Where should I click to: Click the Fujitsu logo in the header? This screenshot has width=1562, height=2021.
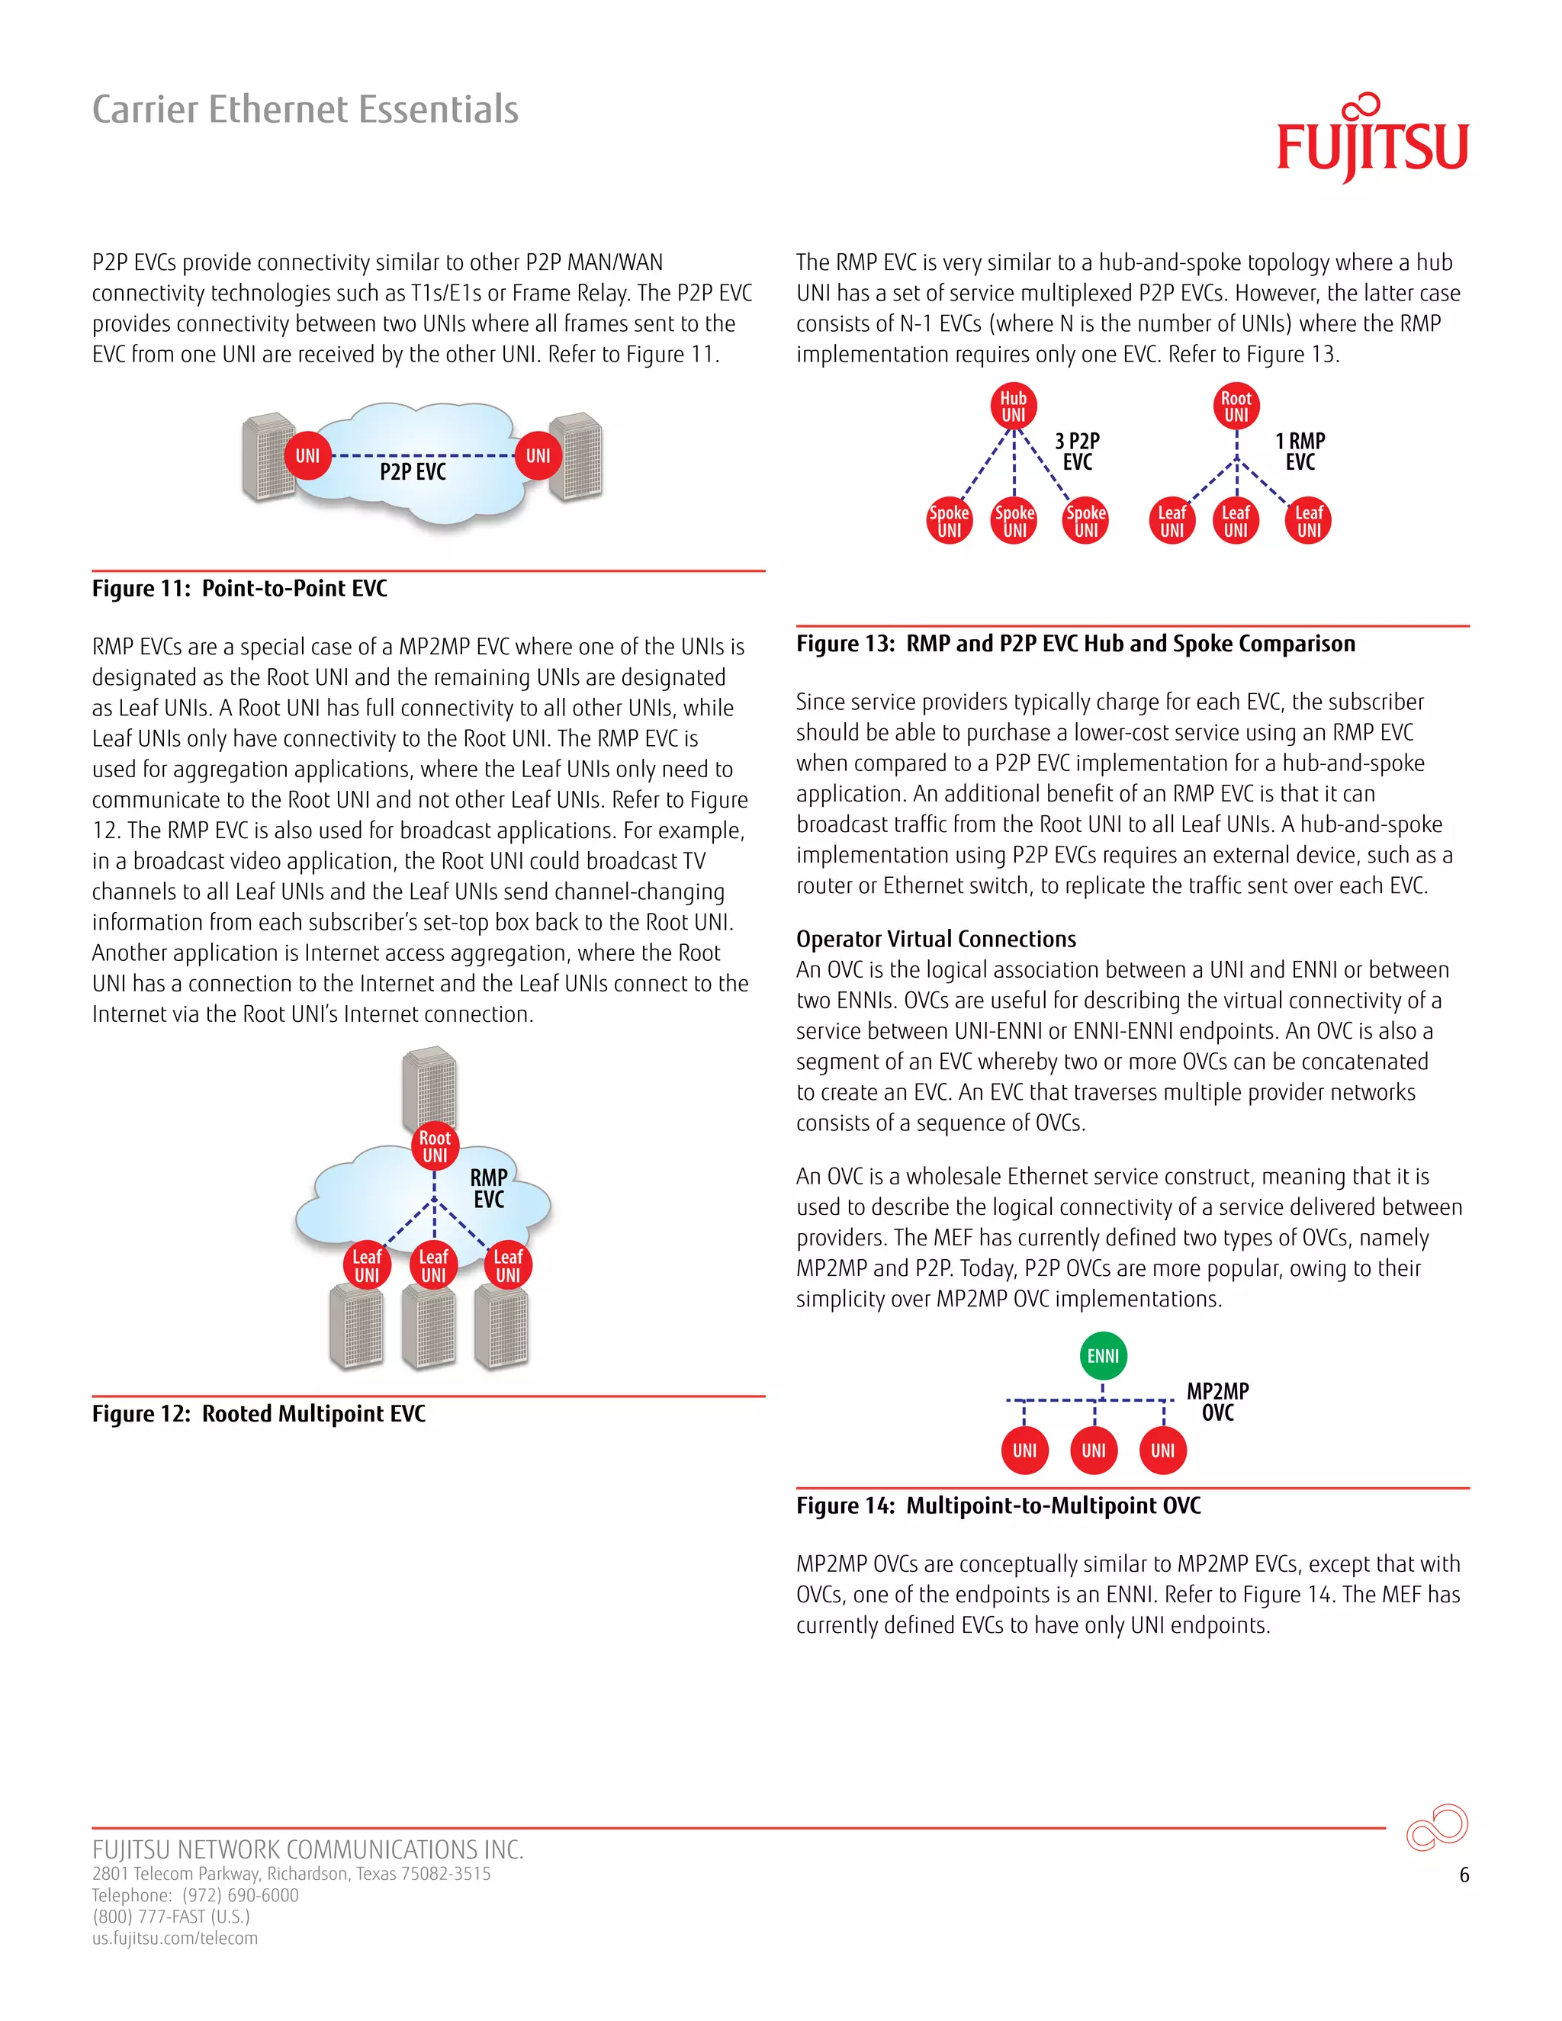pos(1371,140)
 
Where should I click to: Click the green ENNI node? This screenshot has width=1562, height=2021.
pos(1103,1356)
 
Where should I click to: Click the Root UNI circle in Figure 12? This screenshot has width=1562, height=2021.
pos(435,1146)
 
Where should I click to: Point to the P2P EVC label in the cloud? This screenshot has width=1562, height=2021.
pos(413,472)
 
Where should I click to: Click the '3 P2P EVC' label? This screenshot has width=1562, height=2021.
pos(1078,451)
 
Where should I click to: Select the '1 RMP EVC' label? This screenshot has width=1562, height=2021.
pos(1300,451)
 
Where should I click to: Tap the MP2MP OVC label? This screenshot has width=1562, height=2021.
pos(1218,1401)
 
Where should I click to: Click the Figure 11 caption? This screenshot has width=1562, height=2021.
pos(239,589)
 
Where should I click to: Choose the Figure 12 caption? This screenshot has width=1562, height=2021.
pos(259,1414)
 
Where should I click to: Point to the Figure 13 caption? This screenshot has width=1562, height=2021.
pos(1075,644)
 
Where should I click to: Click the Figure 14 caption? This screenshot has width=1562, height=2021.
pos(998,1505)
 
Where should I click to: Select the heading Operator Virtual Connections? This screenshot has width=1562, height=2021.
pos(936,940)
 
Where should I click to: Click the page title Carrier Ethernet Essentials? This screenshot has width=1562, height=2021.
pos(305,109)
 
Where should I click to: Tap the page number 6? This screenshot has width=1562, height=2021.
pos(1464,1875)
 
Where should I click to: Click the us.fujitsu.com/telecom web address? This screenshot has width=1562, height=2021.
pos(175,1939)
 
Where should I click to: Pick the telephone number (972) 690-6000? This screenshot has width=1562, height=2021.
pos(240,1895)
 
